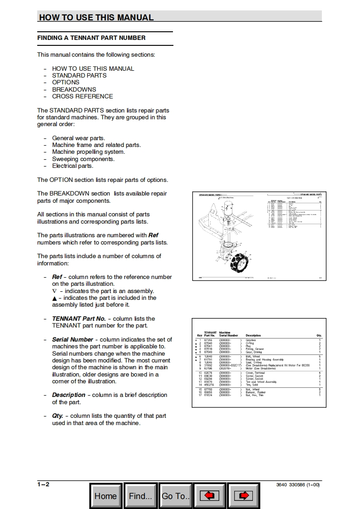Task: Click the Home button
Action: [x=106, y=496]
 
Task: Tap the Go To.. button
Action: [x=176, y=496]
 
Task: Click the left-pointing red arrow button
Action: [x=209, y=496]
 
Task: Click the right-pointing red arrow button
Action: [x=243, y=496]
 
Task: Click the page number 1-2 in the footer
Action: [x=44, y=485]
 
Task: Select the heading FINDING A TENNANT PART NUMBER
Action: [x=91, y=38]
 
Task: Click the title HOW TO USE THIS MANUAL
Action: [x=96, y=18]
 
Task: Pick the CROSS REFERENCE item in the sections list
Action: [x=82, y=96]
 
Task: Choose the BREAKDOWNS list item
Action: [x=74, y=89]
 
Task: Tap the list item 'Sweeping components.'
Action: [x=83, y=159]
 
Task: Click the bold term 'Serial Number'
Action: [x=73, y=339]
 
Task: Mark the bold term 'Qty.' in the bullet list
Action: [x=58, y=416]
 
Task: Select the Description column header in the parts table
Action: [x=253, y=335]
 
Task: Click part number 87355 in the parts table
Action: [x=208, y=340]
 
